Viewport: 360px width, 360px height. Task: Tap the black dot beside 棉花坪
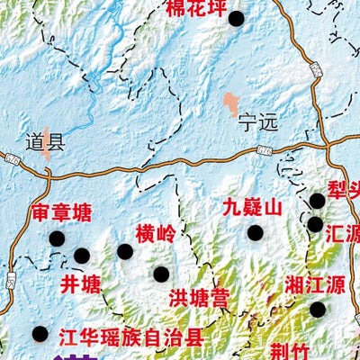[237, 18]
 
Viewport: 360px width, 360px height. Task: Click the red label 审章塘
[61, 213]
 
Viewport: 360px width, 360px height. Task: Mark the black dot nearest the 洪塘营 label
[161, 274]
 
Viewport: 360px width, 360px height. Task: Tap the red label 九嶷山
[253, 208]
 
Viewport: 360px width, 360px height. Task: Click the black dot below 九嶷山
[256, 232]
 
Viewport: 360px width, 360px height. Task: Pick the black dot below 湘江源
[318, 310]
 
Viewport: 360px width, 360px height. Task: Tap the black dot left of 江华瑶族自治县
[40, 334]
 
